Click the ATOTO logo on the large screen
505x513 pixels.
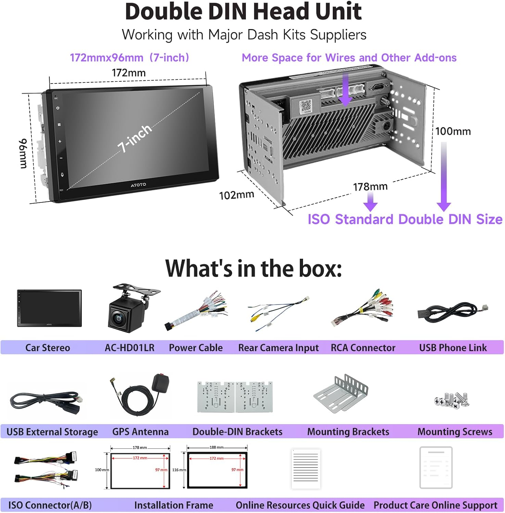pos(138,185)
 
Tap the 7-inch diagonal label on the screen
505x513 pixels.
pos(135,138)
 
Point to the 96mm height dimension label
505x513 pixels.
pos(23,154)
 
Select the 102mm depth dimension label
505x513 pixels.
pos(237,195)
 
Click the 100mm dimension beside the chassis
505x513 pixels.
pos(453,131)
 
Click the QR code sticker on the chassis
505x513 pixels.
pos(306,105)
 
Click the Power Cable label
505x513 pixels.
pos(195,348)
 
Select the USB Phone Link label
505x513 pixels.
pos(453,348)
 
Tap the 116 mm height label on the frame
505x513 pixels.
pos(179,470)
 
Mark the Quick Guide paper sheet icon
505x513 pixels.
pos(306,469)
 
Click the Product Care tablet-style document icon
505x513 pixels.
pos(436,468)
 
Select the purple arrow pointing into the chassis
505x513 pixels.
pos(345,91)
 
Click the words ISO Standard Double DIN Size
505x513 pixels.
pos(405,219)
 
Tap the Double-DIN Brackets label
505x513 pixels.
pos(237,432)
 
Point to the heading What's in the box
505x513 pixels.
pos(253,268)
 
